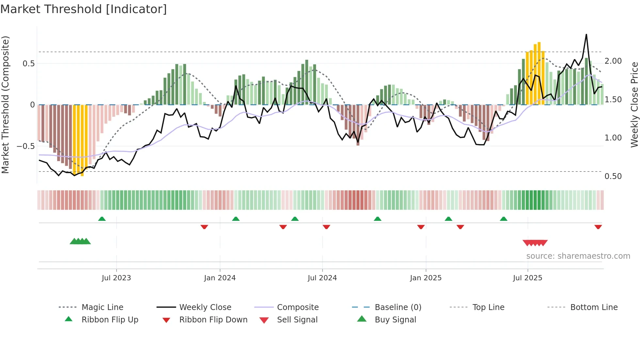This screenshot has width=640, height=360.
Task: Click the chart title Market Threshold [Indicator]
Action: (84, 9)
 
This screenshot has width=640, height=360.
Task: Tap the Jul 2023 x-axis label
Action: (116, 278)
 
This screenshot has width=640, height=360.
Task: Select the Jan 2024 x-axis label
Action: (220, 278)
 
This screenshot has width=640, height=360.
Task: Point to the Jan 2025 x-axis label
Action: (426, 278)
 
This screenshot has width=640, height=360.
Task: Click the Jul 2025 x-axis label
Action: (527, 278)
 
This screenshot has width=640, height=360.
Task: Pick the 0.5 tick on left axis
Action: (28, 64)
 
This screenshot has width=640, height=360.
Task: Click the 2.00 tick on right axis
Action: (613, 61)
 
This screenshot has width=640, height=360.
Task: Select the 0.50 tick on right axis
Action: (613, 176)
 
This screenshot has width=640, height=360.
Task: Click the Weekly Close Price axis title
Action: (634, 105)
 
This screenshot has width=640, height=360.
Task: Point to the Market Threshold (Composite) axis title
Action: (6, 105)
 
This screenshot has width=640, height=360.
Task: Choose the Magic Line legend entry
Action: (102, 307)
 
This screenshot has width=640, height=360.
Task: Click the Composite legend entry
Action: (297, 307)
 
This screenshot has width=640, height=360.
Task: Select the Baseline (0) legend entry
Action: (398, 307)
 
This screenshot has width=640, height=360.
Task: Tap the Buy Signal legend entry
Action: (395, 320)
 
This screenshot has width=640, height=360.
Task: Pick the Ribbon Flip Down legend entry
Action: (213, 320)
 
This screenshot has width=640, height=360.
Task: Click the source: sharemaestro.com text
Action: (578, 256)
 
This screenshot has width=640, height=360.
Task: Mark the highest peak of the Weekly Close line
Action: (586, 34)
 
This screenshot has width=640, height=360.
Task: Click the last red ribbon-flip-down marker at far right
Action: (598, 227)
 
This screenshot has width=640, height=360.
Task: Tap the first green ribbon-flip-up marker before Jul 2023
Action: (102, 219)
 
